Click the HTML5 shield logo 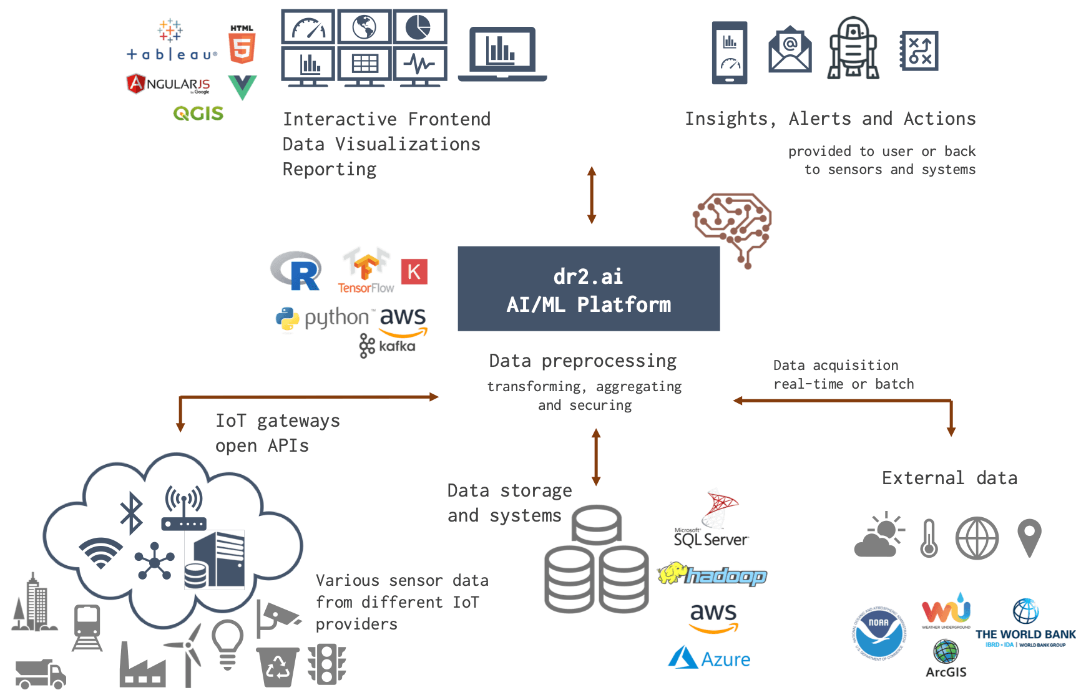[242, 45]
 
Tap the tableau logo [171, 43]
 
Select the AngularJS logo [168, 84]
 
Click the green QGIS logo [198, 113]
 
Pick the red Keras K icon [414, 271]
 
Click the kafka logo [387, 346]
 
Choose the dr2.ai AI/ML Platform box [588, 289]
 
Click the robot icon [853, 48]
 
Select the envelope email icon [790, 50]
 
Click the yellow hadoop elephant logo [712, 574]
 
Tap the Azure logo [709, 658]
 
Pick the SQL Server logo [712, 519]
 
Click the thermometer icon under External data [929, 538]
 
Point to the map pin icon [1029, 537]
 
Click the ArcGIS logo [946, 659]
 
